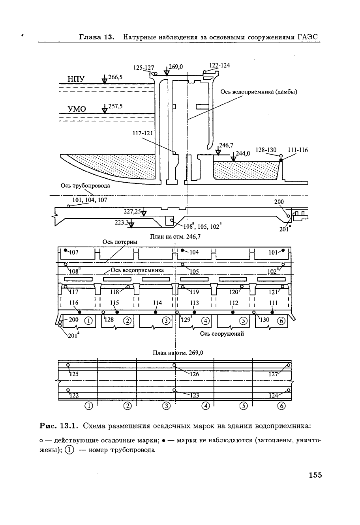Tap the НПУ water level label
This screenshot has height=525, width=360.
(x=76, y=79)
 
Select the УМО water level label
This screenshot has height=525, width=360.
(x=77, y=109)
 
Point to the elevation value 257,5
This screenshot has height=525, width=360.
(x=115, y=106)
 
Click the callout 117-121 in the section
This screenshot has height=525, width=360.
(x=143, y=133)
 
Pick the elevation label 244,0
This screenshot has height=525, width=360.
(x=243, y=153)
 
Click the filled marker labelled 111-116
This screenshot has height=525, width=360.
(x=281, y=160)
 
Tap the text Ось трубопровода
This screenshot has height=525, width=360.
(x=85, y=186)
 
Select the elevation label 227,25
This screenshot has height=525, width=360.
(x=132, y=212)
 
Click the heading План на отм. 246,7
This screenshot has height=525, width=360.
(x=175, y=237)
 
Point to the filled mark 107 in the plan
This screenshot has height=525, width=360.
(x=66, y=250)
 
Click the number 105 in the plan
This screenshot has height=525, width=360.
(x=194, y=271)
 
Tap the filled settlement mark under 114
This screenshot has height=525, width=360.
(x=155, y=312)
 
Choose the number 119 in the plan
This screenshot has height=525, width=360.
(x=195, y=292)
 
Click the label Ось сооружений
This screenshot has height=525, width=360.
(x=222, y=334)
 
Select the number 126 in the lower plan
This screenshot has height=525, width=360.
(x=195, y=374)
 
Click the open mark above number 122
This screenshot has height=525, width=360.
(x=68, y=390)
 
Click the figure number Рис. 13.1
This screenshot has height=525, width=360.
(x=58, y=426)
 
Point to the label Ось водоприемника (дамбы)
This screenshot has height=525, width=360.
(x=259, y=92)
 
